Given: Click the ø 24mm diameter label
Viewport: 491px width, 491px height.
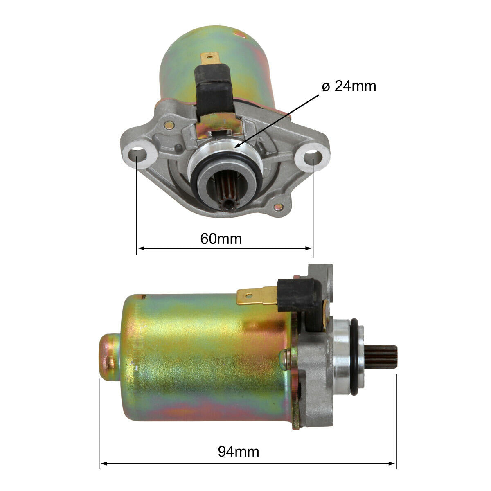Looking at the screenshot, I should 349,86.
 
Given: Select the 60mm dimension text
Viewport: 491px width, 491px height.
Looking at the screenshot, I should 221,238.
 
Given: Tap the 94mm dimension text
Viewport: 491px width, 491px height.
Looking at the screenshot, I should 239,452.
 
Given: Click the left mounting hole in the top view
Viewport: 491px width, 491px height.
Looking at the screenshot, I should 137,155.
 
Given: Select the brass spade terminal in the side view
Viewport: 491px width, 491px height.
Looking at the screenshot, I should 256,295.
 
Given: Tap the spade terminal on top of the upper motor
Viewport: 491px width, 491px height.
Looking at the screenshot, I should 209,60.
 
